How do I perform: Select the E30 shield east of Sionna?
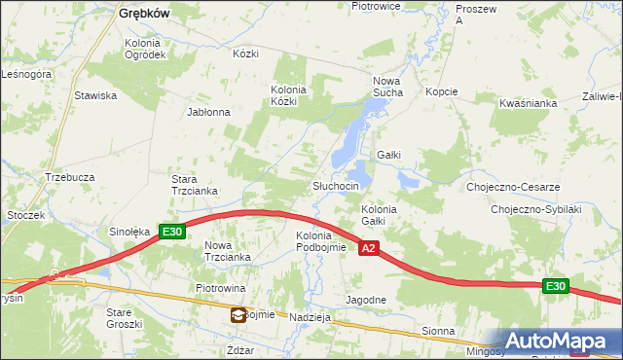click(x=555, y=285)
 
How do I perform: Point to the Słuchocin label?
click(x=336, y=186)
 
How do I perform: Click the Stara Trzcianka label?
click(x=194, y=185)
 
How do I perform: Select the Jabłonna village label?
click(x=208, y=112)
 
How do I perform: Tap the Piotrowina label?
click(x=220, y=289)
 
